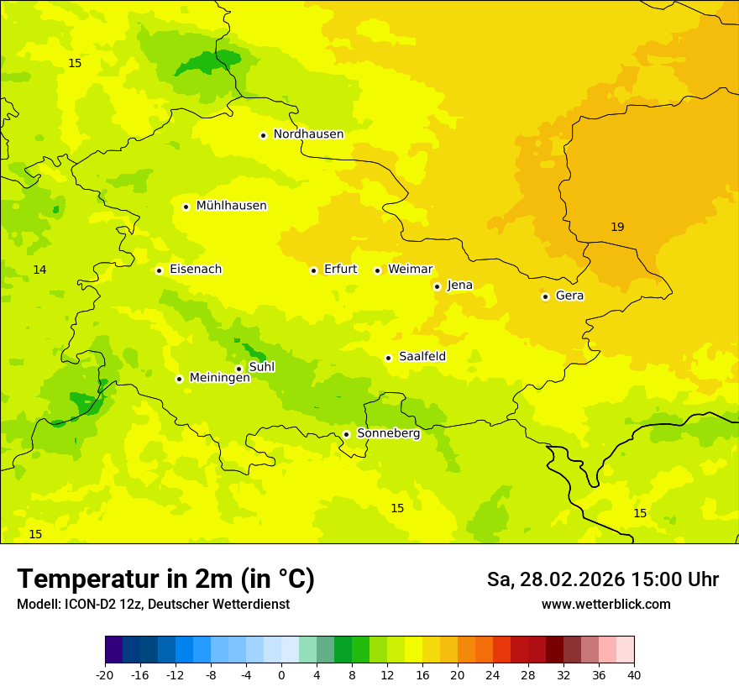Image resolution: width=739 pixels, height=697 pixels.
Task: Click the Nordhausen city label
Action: click(308, 134)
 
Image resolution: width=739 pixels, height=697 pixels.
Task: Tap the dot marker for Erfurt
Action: click(313, 270)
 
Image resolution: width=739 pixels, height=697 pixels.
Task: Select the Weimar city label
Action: click(410, 270)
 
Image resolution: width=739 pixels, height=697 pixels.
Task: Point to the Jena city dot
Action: click(437, 286)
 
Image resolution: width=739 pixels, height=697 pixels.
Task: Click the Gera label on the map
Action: click(569, 296)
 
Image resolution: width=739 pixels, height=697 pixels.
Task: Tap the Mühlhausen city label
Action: click(231, 206)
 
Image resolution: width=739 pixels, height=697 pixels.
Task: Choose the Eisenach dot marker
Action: click(159, 270)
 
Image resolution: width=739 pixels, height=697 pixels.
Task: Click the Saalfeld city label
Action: click(422, 357)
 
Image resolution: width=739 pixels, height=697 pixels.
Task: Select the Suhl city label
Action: click(261, 367)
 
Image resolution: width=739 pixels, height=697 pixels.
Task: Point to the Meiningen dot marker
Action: click(179, 379)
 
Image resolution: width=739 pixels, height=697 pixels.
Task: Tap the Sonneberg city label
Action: click(388, 433)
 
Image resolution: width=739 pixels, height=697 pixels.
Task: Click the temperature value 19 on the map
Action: click(617, 227)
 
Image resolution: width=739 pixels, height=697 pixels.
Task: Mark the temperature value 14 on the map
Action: click(39, 270)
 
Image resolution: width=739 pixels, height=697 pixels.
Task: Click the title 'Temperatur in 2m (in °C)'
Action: click(165, 579)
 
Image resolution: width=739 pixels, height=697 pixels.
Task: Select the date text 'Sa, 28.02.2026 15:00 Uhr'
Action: click(602, 579)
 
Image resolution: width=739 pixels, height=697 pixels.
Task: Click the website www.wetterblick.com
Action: click(605, 605)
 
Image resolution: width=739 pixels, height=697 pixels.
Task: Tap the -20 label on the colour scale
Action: click(105, 674)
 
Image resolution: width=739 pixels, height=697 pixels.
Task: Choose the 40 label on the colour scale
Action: click(633, 674)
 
